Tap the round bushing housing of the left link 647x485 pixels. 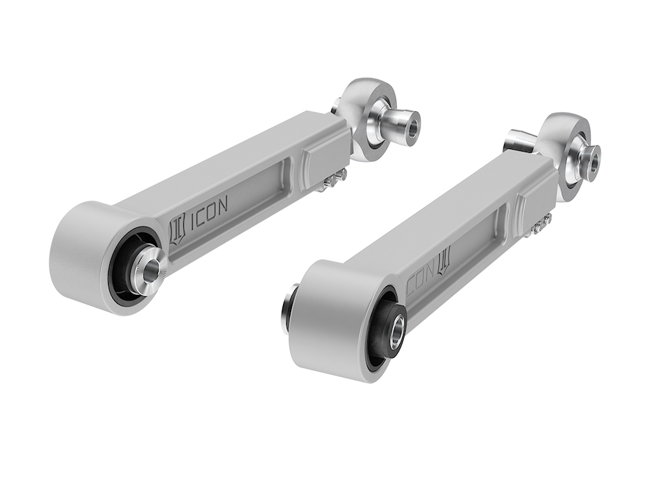(x=82, y=253)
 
